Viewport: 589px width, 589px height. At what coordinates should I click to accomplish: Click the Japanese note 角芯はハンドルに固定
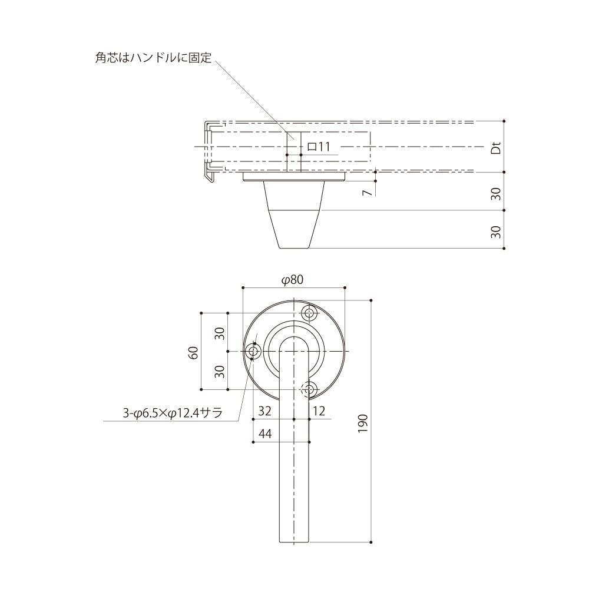click(x=153, y=58)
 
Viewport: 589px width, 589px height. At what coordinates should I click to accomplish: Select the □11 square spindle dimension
click(x=319, y=147)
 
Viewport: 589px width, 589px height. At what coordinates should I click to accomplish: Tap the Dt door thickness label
click(x=496, y=148)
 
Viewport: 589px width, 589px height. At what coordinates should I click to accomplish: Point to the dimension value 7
click(x=368, y=192)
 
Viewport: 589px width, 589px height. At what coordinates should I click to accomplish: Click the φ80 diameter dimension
click(x=292, y=279)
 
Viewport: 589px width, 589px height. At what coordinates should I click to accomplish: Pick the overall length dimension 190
click(x=362, y=423)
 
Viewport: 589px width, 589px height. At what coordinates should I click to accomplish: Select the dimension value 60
click(x=193, y=353)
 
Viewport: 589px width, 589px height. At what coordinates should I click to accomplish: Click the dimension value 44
click(x=265, y=434)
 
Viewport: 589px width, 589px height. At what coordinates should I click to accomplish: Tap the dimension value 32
click(x=264, y=411)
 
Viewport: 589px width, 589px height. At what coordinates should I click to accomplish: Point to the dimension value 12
click(x=319, y=411)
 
